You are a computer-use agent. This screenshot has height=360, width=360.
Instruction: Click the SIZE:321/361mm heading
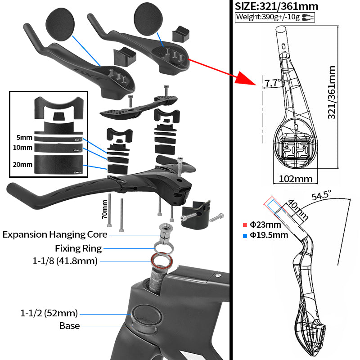pos(277,6)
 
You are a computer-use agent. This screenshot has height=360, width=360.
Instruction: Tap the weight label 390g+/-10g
pos(268,18)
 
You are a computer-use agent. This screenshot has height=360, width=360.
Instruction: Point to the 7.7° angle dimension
pos(272,83)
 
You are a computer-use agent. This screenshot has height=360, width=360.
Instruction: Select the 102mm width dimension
pos(295,179)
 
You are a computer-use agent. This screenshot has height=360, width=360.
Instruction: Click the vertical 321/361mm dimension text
pos(332,93)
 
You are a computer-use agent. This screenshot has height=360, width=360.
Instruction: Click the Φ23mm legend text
pos(265,225)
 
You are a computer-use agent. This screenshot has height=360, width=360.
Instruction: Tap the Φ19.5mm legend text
pos(268,235)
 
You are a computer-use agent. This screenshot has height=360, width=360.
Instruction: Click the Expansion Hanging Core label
pos(55,234)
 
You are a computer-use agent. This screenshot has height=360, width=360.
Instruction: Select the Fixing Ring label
pos(78,248)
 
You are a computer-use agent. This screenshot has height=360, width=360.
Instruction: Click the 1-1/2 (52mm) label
pos(49,313)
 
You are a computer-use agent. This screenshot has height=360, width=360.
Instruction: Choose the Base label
pos(69,325)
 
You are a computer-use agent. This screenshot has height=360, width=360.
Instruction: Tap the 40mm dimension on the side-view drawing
pos(297,209)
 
